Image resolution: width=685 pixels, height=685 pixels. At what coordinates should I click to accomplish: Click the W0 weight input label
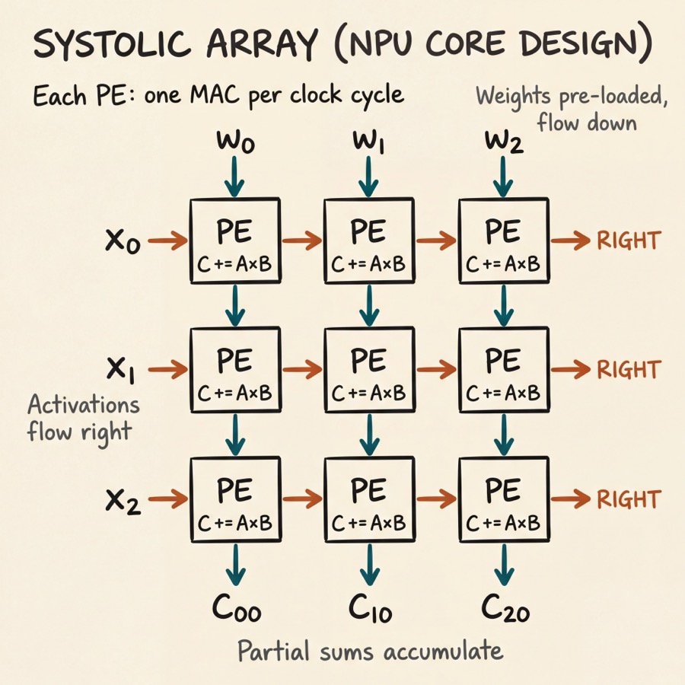pyautogui.click(x=234, y=142)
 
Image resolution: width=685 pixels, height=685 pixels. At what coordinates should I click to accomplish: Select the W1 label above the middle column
pyautogui.click(x=368, y=142)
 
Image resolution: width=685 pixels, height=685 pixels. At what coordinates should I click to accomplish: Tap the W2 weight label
pyautogui.click(x=503, y=142)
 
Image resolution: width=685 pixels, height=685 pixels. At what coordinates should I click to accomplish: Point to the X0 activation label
pyautogui.click(x=123, y=242)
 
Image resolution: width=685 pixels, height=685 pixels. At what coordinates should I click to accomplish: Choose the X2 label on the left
pyautogui.click(x=123, y=500)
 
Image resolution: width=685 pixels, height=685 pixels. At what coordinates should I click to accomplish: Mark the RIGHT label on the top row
pyautogui.click(x=628, y=241)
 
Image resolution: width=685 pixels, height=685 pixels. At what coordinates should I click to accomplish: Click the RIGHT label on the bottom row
pyautogui.click(x=628, y=499)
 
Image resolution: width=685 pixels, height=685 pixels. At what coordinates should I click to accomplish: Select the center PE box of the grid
pyautogui.click(x=368, y=370)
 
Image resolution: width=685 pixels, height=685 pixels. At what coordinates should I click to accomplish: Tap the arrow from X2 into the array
pyautogui.click(x=167, y=500)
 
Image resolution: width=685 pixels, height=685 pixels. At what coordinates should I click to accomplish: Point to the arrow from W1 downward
pyautogui.click(x=368, y=177)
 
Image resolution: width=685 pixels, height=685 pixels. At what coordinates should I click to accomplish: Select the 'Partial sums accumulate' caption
pyautogui.click(x=370, y=652)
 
